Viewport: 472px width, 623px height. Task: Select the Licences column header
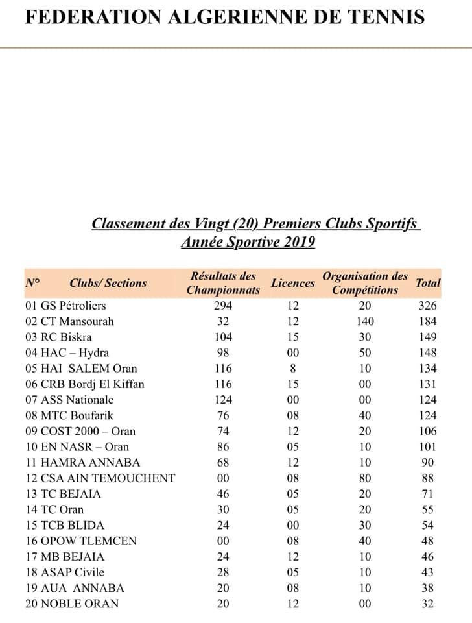[x=292, y=283]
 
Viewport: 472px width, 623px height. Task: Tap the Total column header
[x=428, y=283]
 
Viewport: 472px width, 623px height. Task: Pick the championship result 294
[x=222, y=306]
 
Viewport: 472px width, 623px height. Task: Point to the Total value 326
[x=428, y=306]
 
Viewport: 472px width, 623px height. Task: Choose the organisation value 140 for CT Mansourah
[x=365, y=321]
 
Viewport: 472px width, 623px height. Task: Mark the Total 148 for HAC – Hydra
[x=428, y=352]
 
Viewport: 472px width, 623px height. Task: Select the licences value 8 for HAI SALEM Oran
[x=293, y=369]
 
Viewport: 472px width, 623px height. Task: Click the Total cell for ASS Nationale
[x=428, y=400]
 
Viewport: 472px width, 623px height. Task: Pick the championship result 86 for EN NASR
[x=222, y=446]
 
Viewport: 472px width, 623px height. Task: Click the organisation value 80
[x=365, y=478]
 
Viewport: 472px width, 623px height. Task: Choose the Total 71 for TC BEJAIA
[x=428, y=494]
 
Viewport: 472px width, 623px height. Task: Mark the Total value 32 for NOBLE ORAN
[x=428, y=604]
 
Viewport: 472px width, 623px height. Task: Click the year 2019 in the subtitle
[x=298, y=243]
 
